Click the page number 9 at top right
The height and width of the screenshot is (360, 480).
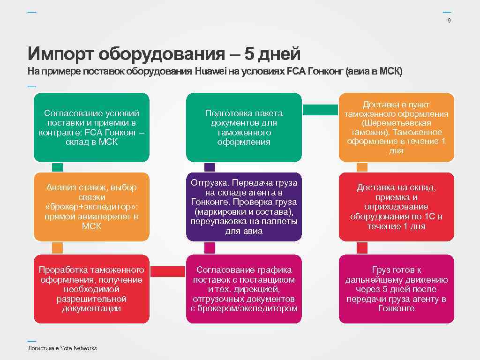coord(450,21)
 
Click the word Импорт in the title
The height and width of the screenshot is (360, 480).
coord(61,54)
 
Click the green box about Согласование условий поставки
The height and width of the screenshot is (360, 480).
coord(91,127)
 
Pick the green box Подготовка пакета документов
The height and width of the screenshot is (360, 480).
coord(244,127)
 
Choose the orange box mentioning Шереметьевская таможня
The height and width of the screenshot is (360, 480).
coord(396,127)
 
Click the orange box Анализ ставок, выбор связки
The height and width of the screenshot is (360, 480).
coord(91,207)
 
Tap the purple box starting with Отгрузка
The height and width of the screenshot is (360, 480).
coord(244,207)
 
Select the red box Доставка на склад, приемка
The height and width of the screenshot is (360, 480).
coord(396,207)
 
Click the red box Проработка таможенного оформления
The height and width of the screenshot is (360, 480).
coord(91,289)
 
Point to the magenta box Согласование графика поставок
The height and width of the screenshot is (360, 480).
coord(244,289)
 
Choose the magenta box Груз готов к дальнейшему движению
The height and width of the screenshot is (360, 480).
coord(396,289)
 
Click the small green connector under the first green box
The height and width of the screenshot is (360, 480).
coord(57,167)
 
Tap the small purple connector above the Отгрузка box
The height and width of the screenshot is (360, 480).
coord(210,167)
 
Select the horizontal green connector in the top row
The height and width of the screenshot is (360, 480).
coord(320,110)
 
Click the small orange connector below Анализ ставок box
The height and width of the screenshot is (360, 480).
coord(57,247)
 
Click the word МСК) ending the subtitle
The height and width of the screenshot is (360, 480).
coord(391,72)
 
